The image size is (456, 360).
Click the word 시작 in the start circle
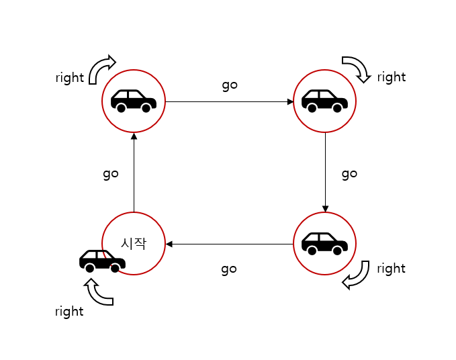pos(133,243)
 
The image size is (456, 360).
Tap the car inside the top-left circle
pos(133,101)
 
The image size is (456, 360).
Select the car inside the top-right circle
pos(324,101)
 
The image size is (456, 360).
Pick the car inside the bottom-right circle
pos(324,243)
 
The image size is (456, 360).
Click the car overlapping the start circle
pos(102,261)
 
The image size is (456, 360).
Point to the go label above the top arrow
pos(230,85)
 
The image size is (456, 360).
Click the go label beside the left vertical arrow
pos(111,173)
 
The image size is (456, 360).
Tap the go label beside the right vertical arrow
pos(349,173)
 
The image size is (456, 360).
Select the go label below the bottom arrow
pos(229,269)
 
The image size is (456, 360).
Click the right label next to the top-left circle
pos(70,78)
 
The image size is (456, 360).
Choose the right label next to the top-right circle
pos(392,77)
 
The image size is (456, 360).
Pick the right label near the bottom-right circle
pos(392,269)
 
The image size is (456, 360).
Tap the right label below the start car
pos(70,312)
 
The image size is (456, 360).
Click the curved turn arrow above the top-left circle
pos(101,67)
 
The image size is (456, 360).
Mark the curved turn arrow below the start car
pos(98,291)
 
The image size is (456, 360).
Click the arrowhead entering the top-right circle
pos(290,102)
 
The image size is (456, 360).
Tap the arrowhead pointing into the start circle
pos(169,244)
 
